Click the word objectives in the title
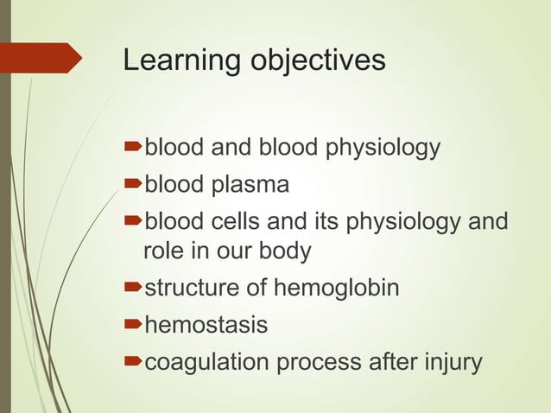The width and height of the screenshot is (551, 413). [318, 61]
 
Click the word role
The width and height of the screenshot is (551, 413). [161, 251]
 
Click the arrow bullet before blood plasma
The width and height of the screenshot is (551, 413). [132, 185]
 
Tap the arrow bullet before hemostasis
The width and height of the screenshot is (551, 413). [132, 325]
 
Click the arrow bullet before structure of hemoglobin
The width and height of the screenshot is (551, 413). [132, 288]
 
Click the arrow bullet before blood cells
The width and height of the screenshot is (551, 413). [132, 222]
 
